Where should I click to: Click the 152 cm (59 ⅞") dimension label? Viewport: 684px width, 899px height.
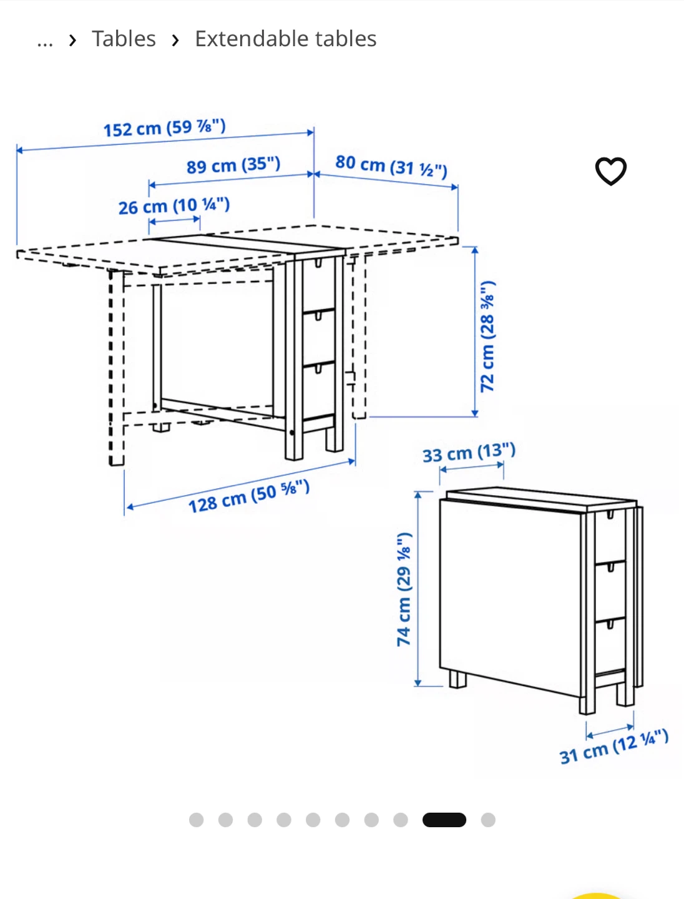pos(165,128)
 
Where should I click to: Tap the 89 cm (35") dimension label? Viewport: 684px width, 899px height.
pos(233,165)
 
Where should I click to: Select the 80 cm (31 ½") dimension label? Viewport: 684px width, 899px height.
pos(391,166)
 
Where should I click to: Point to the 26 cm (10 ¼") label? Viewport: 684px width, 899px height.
pos(174,205)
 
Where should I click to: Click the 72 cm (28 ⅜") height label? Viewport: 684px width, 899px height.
pos(487,337)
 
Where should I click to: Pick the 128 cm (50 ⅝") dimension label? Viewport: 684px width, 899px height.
pos(249,496)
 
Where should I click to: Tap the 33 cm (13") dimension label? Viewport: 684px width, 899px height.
pos(469,453)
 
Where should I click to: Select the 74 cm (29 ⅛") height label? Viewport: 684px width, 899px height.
pos(404,589)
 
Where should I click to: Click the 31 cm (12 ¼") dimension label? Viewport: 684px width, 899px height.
pos(614,746)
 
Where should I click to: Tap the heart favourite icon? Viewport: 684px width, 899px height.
pos(610,171)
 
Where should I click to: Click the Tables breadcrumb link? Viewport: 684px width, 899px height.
pos(124,39)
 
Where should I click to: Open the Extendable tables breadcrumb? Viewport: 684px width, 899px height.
pos(285,39)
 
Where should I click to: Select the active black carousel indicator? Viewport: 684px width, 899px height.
pos(444,820)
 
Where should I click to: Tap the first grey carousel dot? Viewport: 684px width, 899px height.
pos(196,820)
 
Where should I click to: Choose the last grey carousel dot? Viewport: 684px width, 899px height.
pos(488,820)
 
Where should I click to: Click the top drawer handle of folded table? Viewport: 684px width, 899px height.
pos(610,514)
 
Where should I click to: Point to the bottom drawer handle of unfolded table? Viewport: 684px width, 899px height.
pos(318,369)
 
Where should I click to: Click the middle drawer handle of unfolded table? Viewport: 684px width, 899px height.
pos(318,316)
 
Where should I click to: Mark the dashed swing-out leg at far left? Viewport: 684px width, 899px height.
pos(116,367)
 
